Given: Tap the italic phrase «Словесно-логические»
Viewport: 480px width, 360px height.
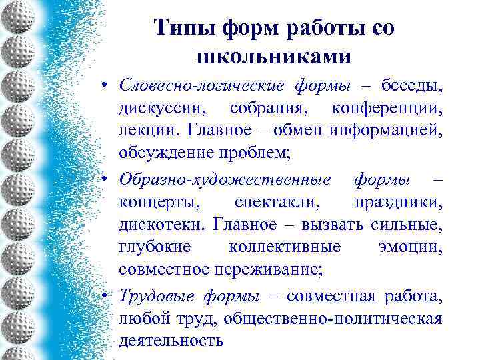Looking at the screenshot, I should click(x=201, y=86).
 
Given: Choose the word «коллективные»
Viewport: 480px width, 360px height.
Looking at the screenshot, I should click(x=285, y=246).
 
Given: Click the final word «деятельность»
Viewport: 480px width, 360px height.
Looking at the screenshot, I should click(x=171, y=340).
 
